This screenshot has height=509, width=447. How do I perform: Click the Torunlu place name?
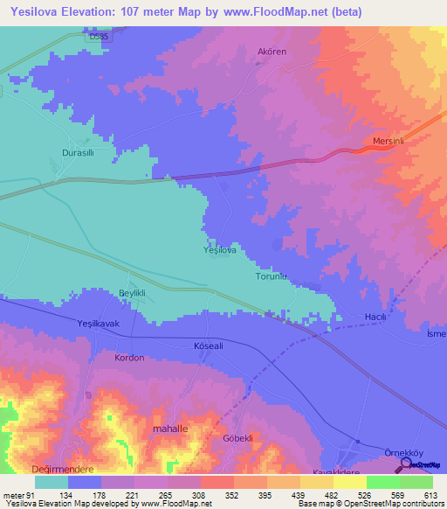(271, 277)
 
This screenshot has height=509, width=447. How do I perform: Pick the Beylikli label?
(134, 292)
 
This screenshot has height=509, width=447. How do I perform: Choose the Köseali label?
(210, 347)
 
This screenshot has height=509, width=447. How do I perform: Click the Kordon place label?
(129, 359)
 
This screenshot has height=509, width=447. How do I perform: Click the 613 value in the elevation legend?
(429, 496)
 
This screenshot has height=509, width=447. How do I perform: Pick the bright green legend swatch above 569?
(382, 482)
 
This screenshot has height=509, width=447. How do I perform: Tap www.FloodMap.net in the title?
(274, 12)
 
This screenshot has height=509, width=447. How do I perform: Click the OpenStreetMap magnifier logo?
(405, 464)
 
